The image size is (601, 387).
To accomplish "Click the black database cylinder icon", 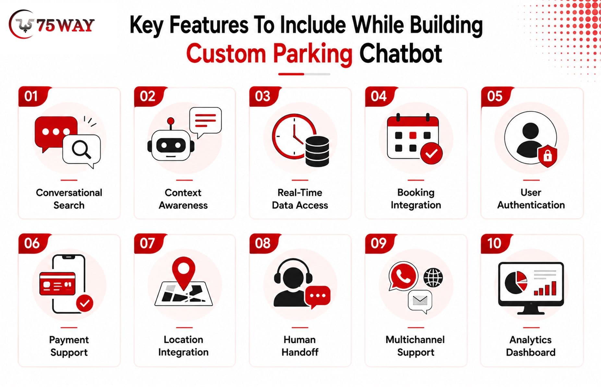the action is tap(317, 151).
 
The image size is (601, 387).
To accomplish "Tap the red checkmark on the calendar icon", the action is tap(431, 153).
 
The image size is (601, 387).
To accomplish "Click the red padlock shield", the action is tap(547, 156).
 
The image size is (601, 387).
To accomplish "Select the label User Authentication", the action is tap(531, 199).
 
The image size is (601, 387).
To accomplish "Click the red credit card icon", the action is tap(57, 284).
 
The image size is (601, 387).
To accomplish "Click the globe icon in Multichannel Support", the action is tap(433, 278).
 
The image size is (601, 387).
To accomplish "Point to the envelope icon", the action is tap(420, 301).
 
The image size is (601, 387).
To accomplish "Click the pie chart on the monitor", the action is tap(516, 282).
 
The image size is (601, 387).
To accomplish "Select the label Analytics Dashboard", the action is tap(531, 346).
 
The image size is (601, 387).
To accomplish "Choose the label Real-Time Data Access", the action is tap(300, 199).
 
